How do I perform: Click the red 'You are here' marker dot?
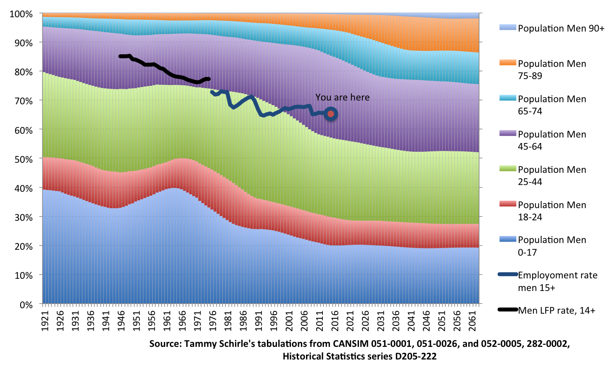click(331, 114)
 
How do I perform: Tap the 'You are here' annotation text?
click(342, 98)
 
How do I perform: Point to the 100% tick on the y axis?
click(21, 14)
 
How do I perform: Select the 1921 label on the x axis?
click(45, 320)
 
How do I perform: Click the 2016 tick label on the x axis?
click(335, 320)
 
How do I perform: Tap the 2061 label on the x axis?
click(472, 320)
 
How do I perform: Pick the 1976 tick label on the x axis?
click(213, 320)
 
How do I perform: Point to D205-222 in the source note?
click(416, 357)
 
